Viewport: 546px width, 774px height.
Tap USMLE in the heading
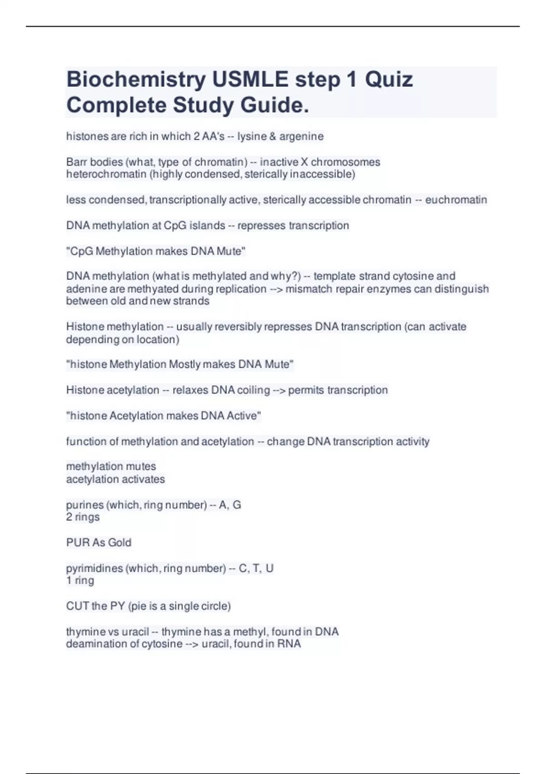click(x=250, y=80)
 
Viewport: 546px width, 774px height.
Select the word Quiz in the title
click(x=389, y=80)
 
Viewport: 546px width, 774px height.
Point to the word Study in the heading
click(x=202, y=105)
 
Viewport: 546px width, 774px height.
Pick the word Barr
click(x=77, y=162)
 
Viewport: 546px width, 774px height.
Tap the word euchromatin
click(x=456, y=200)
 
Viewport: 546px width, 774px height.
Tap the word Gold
click(x=120, y=543)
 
